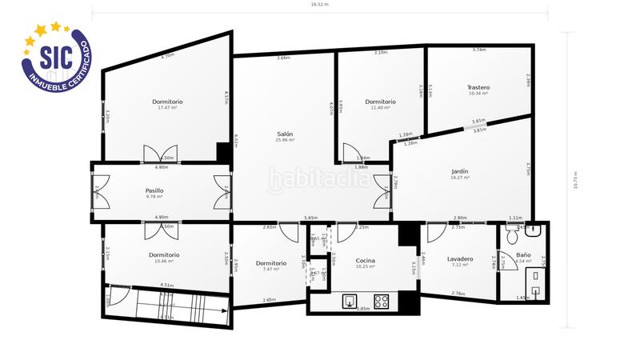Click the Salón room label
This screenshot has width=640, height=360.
(x=285, y=134)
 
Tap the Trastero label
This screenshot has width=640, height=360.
(x=478, y=87)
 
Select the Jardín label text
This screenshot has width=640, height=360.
(x=459, y=170)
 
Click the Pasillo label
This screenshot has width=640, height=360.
(x=154, y=190)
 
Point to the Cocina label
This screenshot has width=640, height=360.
(x=366, y=260)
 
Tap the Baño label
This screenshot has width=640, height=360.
(x=523, y=254)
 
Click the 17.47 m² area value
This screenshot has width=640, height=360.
(x=168, y=108)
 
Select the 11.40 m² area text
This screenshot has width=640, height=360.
(x=379, y=108)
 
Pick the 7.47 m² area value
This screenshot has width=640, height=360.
(x=270, y=270)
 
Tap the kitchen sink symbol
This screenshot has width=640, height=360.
(x=350, y=302)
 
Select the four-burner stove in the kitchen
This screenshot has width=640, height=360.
(x=382, y=302)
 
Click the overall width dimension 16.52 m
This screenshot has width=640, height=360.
(x=320, y=4)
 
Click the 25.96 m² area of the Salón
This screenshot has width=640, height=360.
(x=285, y=140)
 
